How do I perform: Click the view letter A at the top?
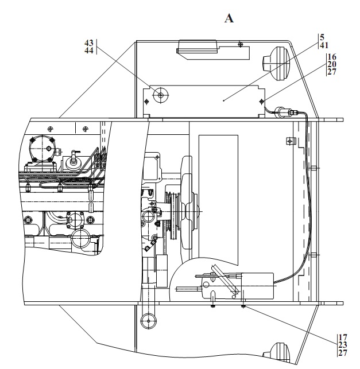click(x=229, y=18)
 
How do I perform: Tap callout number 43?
click(x=89, y=43)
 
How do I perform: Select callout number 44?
click(x=89, y=51)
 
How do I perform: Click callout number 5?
click(x=322, y=37)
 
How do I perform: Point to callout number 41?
click(x=324, y=45)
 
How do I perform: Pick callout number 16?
click(x=332, y=57)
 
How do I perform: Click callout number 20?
click(x=332, y=64)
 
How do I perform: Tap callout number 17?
click(x=343, y=337)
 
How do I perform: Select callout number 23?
click(x=343, y=345)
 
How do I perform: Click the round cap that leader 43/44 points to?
click(x=161, y=95)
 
